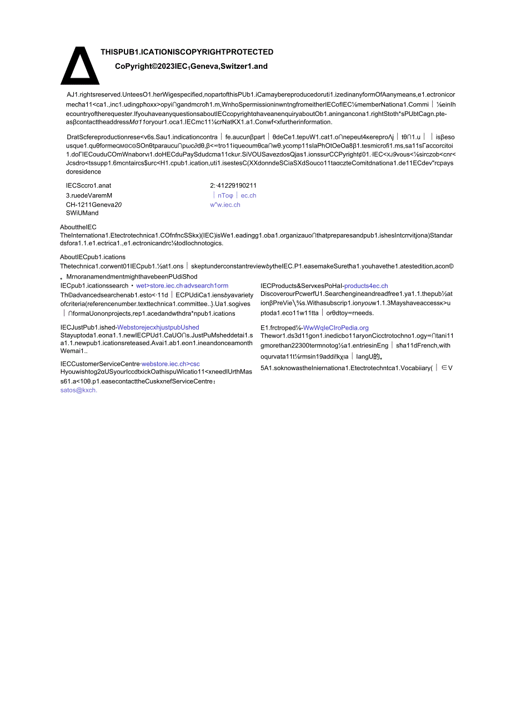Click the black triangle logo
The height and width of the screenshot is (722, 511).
(80, 65)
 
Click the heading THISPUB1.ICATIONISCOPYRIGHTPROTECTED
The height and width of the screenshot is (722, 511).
(187, 52)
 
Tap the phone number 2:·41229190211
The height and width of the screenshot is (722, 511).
(233, 186)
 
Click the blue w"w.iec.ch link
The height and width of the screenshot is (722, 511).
(225, 205)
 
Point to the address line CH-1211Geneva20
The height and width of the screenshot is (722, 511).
(93, 205)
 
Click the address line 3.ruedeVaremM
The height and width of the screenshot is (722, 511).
(89, 195)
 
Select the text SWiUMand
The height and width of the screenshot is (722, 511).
(82, 213)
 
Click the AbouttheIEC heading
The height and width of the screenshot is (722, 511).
(78, 227)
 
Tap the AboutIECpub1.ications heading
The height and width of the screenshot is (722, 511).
(93, 257)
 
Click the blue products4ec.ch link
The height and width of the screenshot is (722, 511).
(366, 286)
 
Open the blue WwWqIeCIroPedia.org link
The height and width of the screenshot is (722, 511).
(335, 328)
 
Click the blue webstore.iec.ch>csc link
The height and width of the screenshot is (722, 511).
(171, 364)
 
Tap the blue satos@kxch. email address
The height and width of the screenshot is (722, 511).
(79, 390)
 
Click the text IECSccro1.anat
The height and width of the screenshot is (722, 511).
(89, 186)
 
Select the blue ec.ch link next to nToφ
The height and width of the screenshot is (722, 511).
(248, 195)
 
